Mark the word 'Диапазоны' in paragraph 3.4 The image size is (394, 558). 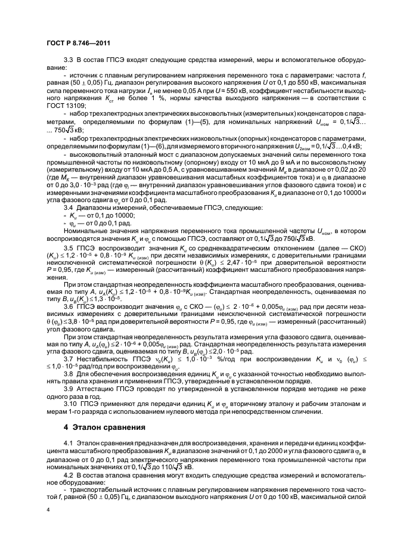[x=96, y=208]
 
